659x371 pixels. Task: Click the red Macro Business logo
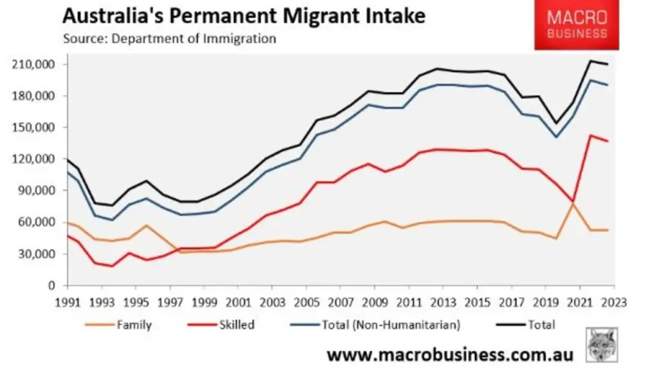(577, 26)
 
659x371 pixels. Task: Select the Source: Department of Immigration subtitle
(169, 39)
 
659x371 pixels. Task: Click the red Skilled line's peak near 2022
(590, 135)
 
